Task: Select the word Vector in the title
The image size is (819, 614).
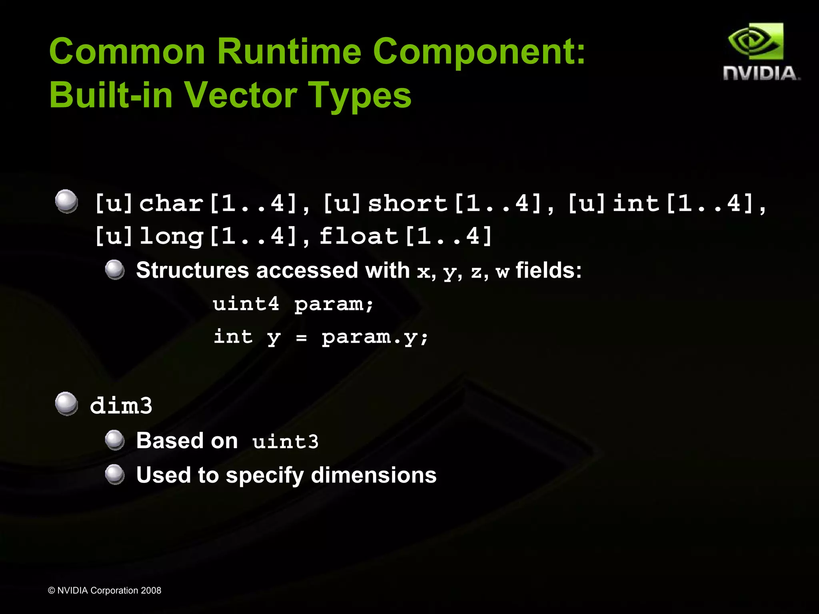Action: click(240, 95)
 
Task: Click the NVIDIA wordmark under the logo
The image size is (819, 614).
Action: click(761, 74)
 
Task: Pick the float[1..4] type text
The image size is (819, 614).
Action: click(406, 236)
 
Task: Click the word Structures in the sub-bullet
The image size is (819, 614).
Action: click(192, 270)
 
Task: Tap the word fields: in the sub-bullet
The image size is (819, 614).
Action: click(548, 270)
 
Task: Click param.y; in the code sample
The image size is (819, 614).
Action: click(375, 337)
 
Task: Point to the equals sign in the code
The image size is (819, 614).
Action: click(301, 338)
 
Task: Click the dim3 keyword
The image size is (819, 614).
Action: click(121, 406)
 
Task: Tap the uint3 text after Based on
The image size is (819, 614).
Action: click(286, 441)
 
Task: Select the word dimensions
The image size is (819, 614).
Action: click(374, 475)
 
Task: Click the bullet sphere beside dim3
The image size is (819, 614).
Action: click(66, 403)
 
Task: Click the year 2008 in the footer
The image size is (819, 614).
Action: click(151, 590)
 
